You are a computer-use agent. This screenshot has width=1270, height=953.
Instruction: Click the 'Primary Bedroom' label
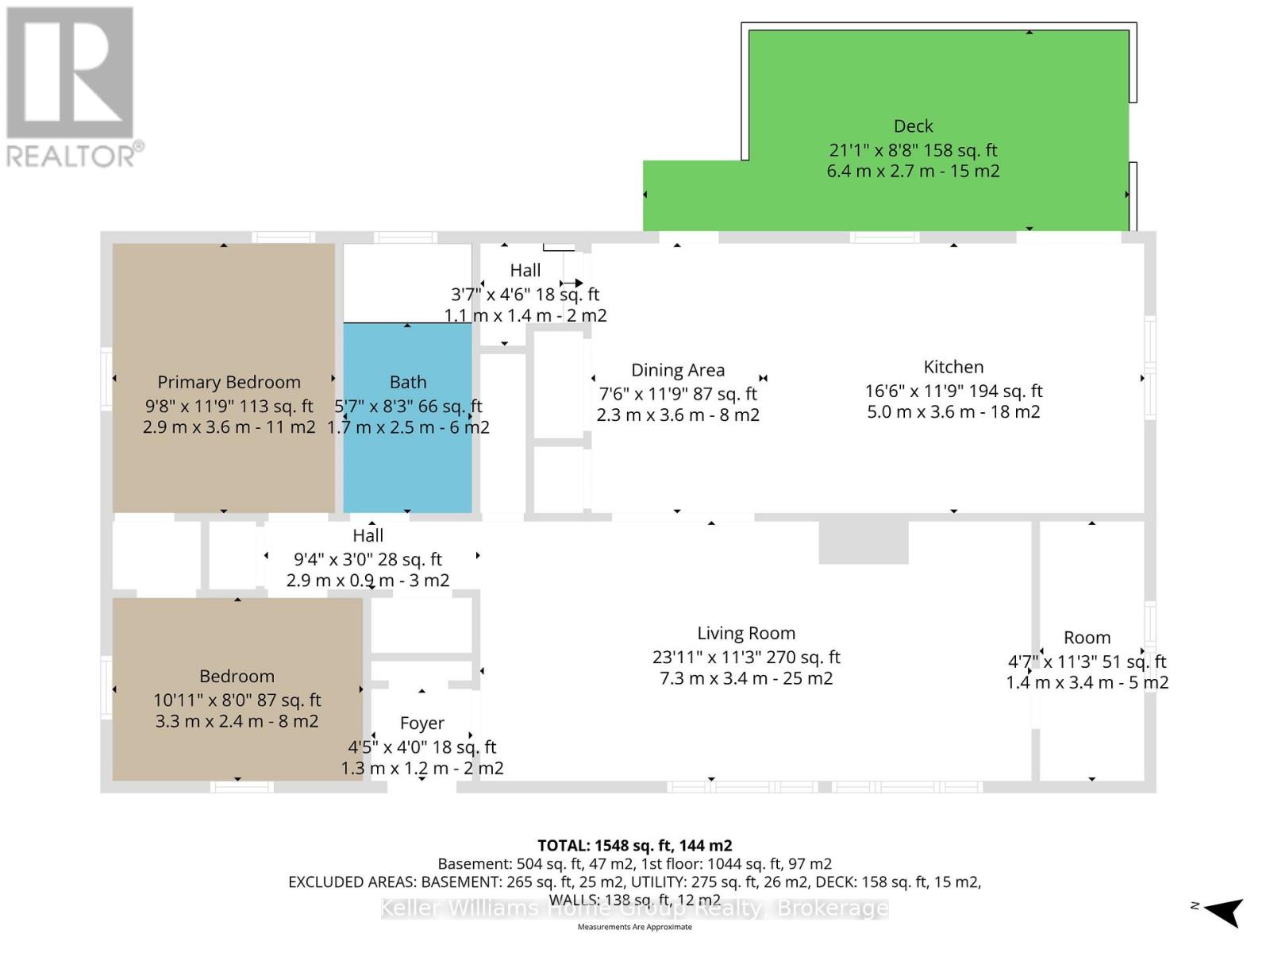[229, 383]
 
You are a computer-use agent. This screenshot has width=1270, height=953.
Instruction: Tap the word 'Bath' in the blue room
[408, 382]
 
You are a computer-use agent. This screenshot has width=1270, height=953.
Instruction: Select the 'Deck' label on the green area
[913, 126]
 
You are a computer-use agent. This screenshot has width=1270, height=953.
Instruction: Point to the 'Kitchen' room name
[953, 367]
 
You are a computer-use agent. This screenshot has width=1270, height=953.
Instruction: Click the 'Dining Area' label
[678, 370]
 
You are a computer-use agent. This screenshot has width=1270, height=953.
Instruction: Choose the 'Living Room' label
[746, 634]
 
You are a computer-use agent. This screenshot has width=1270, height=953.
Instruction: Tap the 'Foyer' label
[422, 723]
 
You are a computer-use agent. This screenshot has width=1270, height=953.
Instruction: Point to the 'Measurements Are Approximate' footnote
[635, 927]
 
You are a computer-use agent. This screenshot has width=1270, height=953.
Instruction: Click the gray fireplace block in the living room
[864, 542]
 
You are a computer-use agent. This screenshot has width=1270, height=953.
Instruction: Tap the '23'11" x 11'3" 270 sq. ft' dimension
[746, 658]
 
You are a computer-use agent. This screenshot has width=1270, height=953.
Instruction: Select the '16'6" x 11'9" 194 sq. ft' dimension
[953, 392]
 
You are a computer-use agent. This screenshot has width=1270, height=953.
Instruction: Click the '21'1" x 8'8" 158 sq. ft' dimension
[913, 150]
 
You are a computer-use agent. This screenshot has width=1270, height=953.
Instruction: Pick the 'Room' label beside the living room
[1087, 638]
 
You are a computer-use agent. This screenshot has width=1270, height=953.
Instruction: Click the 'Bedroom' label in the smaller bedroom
[237, 677]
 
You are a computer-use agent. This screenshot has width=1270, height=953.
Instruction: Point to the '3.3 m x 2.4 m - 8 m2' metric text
[237, 722]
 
